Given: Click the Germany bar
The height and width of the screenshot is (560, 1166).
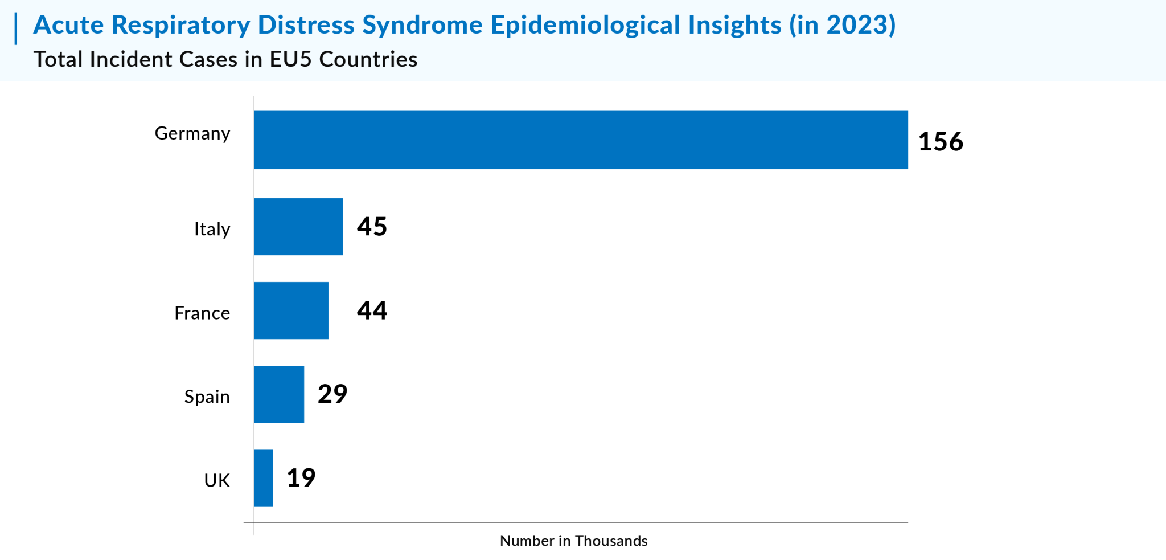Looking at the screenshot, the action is pyautogui.click(x=581, y=140).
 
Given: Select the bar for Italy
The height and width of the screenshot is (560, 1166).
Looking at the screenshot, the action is pyautogui.click(x=298, y=227).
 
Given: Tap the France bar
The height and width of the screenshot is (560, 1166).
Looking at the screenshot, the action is pyautogui.click(x=291, y=310).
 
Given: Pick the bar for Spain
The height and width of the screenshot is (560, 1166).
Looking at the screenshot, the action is pyautogui.click(x=279, y=394).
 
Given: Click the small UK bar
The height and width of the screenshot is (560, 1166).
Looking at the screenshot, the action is pyautogui.click(x=264, y=478).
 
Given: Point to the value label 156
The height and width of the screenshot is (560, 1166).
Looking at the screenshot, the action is pyautogui.click(x=941, y=142).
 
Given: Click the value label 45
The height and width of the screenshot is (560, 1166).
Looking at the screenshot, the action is pyautogui.click(x=372, y=226).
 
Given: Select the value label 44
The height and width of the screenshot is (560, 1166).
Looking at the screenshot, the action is pyautogui.click(x=372, y=310).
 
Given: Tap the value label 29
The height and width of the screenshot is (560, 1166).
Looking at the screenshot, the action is pyautogui.click(x=332, y=394).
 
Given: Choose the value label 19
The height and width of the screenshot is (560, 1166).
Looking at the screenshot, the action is pyautogui.click(x=301, y=477).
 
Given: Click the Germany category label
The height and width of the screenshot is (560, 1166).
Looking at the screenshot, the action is pyautogui.click(x=192, y=134).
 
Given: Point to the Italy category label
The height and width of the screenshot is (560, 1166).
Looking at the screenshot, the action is pyautogui.click(x=212, y=229).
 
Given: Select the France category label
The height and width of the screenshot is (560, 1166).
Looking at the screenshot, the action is pyautogui.click(x=202, y=313).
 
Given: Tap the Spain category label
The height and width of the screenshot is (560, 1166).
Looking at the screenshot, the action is pyautogui.click(x=207, y=397).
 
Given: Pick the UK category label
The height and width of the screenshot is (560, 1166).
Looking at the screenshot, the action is pyautogui.click(x=217, y=480).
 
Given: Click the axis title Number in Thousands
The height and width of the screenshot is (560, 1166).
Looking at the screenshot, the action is pyautogui.click(x=574, y=541).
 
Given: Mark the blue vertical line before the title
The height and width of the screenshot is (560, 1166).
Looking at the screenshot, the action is pyautogui.click(x=16, y=28).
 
